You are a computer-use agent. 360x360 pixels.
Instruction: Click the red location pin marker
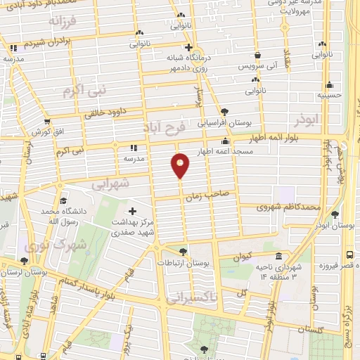[x=180, y=165]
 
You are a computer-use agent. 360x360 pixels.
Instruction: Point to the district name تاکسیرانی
[x=204, y=298]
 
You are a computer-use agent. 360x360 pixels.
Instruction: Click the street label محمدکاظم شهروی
[x=288, y=207]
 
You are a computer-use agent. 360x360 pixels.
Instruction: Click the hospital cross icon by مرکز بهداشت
[x=131, y=211]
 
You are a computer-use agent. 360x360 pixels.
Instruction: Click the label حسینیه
[x=328, y=94]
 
